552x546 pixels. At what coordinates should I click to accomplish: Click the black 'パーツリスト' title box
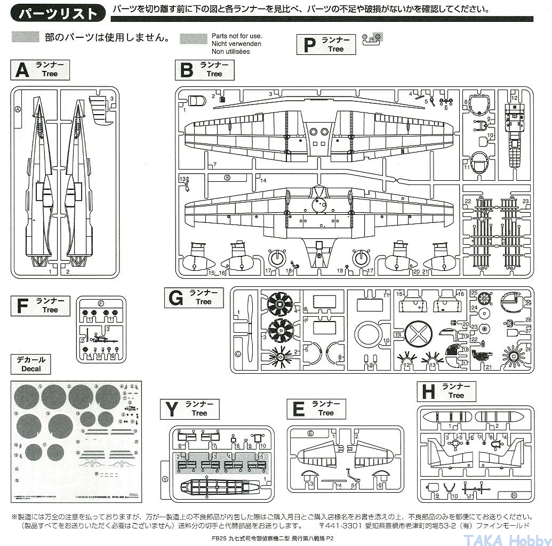click(x=58, y=13)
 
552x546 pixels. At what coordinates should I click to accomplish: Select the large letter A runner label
click(x=22, y=70)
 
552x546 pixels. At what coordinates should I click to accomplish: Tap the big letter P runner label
click(x=309, y=45)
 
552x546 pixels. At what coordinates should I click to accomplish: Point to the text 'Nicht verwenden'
click(x=236, y=43)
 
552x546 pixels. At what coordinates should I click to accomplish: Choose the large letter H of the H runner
click(x=428, y=392)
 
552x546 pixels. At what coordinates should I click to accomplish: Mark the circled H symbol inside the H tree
click(x=513, y=495)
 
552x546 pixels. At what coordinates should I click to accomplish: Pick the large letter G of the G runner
click(x=175, y=298)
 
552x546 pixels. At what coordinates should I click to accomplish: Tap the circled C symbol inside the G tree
click(x=238, y=354)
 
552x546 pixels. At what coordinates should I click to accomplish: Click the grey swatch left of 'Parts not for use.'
click(x=193, y=38)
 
